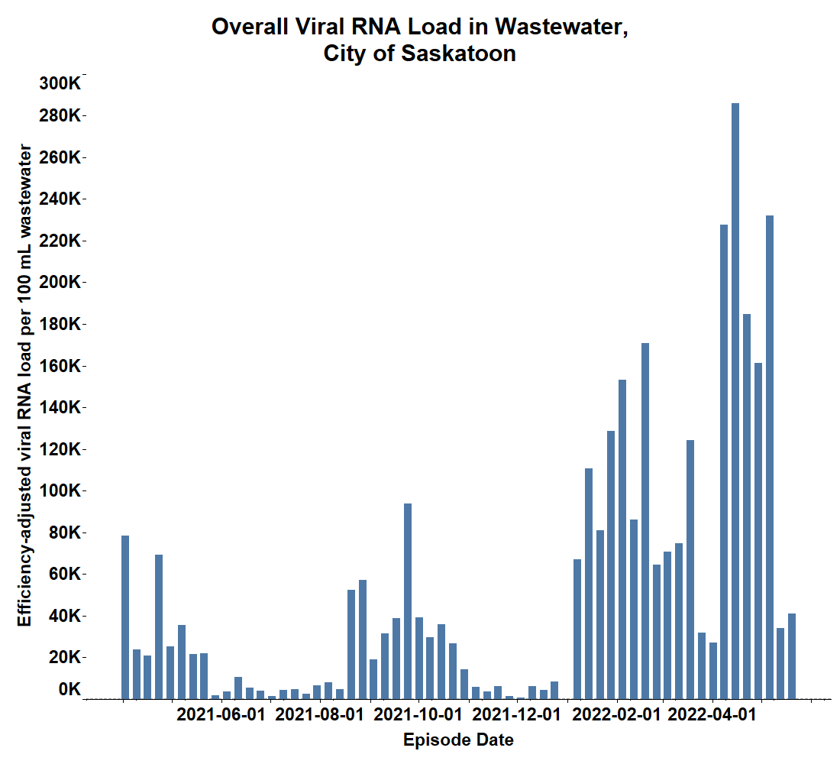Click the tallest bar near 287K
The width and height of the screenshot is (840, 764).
pos(735,401)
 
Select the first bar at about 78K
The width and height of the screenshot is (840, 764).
pos(125,617)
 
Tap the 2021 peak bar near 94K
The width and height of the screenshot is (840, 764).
pos(408,601)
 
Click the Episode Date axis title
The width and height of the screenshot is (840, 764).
pos(458,740)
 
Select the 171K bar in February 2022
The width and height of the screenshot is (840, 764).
pos(645,520)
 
